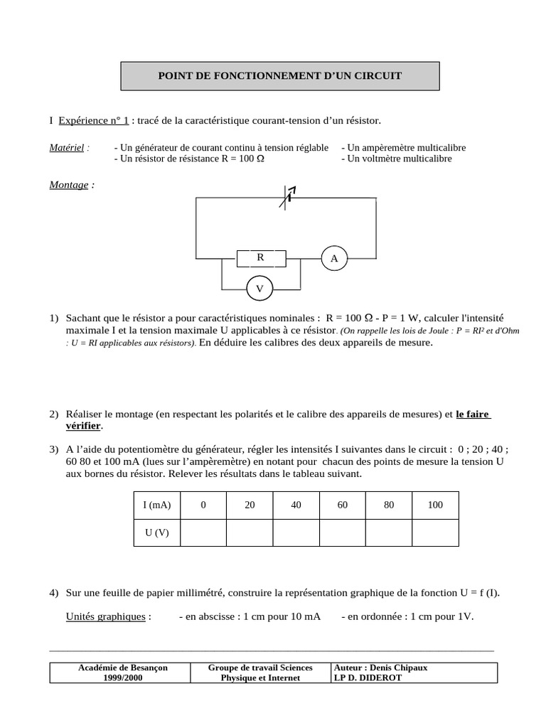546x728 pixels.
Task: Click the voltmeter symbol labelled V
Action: coord(259,289)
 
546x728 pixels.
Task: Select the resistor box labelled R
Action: coord(260,257)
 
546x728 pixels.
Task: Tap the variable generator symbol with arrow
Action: coord(287,198)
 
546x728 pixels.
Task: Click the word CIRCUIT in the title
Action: coord(376,75)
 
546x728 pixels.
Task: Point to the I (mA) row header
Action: coord(156,505)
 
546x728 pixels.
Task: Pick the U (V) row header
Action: coord(156,532)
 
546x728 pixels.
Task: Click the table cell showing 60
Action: coord(343,505)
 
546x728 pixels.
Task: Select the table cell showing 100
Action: coord(435,505)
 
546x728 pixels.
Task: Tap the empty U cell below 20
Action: coord(250,532)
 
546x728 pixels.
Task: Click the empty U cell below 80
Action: coord(389,532)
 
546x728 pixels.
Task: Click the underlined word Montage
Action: coord(69,185)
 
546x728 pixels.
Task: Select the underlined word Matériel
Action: coord(67,148)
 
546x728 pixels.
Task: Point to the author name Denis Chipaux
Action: coord(401,668)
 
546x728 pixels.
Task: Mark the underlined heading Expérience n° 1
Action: coord(94,122)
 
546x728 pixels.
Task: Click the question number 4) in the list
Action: coord(55,593)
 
